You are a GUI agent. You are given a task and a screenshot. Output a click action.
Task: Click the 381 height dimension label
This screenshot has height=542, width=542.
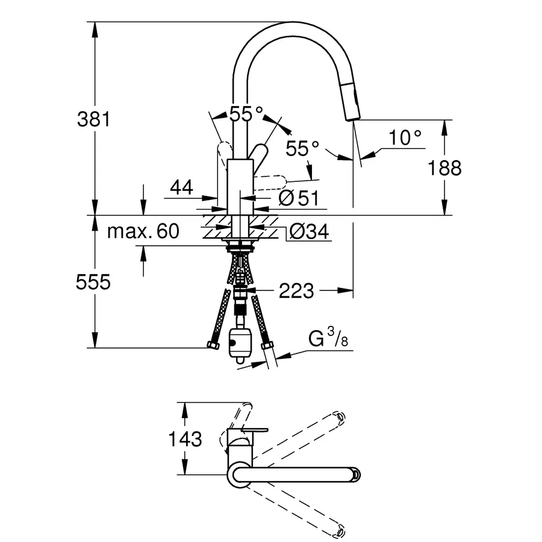94,119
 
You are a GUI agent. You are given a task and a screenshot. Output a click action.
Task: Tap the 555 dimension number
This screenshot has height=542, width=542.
94,282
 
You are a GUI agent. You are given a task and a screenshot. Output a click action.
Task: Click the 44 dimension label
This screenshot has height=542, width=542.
181,188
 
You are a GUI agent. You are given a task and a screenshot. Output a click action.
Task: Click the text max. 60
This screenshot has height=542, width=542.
143,231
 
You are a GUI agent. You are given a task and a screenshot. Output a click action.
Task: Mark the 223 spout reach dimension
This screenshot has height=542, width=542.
296,291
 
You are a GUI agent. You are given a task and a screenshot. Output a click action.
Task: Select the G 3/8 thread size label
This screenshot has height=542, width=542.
328,340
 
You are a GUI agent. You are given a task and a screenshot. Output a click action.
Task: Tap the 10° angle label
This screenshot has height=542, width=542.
404,138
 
